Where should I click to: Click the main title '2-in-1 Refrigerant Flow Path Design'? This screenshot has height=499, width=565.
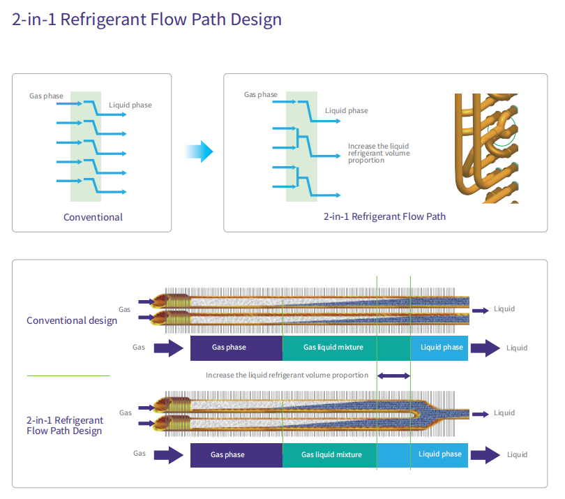point(146,20)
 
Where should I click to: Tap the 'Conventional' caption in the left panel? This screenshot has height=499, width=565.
point(93,217)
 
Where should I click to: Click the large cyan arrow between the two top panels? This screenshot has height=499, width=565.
point(199,151)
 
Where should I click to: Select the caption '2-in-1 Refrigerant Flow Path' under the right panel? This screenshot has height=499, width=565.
point(384,216)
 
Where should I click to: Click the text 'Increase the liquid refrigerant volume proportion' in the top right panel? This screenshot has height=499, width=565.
point(379,153)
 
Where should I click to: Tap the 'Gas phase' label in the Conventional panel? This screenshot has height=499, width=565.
point(46,96)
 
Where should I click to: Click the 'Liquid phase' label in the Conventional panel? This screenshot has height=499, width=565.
point(130,105)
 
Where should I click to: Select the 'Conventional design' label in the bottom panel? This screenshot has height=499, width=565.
point(72,320)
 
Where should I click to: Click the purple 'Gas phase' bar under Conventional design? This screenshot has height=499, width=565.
point(236,348)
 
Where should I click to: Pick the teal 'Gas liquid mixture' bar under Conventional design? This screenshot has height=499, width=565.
point(347,348)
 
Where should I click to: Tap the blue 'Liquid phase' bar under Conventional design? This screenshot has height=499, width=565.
point(439,348)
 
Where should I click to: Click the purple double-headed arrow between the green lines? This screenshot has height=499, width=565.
point(393,375)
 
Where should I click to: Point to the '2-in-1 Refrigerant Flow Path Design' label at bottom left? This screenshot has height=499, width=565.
point(65,426)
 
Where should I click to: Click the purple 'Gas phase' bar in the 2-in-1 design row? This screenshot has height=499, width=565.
point(236,455)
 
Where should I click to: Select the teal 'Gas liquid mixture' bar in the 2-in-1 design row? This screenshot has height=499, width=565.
point(330,455)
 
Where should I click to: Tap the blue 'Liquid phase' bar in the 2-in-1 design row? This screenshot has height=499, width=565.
point(422,455)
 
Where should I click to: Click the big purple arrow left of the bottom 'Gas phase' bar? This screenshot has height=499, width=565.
point(169,455)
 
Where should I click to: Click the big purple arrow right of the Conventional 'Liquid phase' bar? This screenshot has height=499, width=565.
point(485,348)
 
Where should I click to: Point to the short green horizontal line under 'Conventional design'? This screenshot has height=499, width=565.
point(68,375)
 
